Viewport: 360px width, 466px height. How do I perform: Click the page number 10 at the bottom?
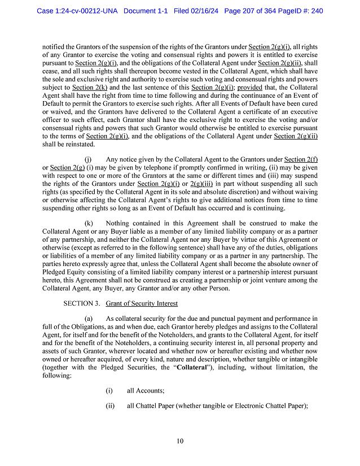tap(180, 441)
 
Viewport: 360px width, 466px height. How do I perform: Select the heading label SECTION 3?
tap(82, 303)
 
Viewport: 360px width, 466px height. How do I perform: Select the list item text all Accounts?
tap(146, 390)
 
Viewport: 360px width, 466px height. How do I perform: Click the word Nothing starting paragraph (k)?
tap(117, 239)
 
